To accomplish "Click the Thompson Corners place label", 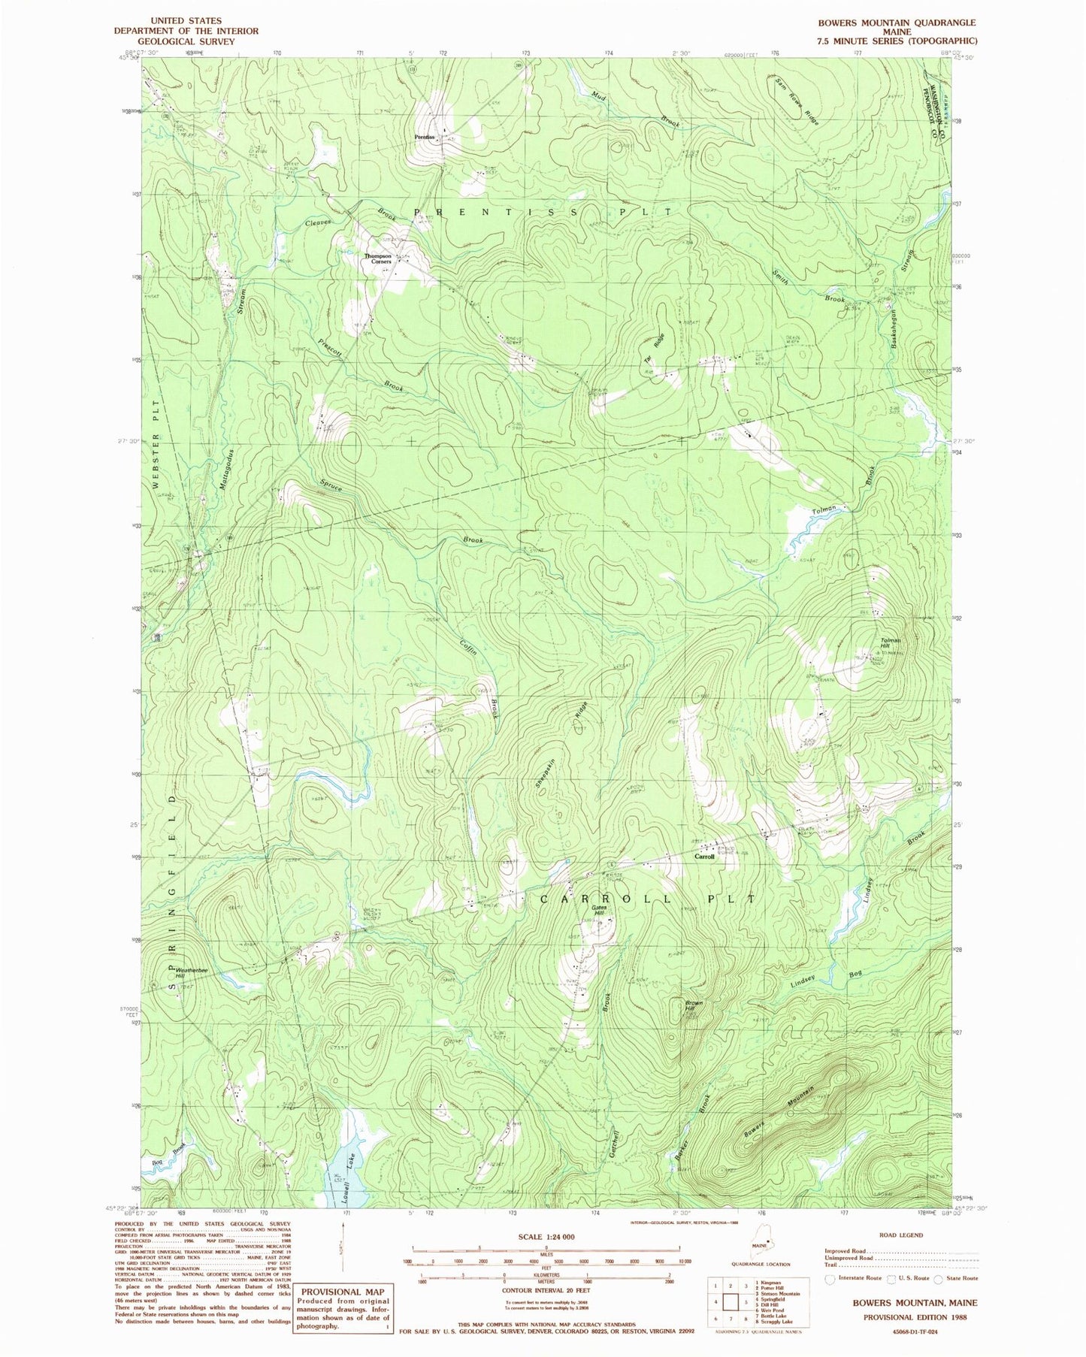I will (x=379, y=258).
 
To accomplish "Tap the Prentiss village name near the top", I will (x=426, y=138).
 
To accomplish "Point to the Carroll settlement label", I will (x=704, y=857).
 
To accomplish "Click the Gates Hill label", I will (x=600, y=910).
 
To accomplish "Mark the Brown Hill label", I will (x=693, y=1006).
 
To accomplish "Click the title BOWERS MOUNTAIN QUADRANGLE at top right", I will (x=897, y=23).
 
